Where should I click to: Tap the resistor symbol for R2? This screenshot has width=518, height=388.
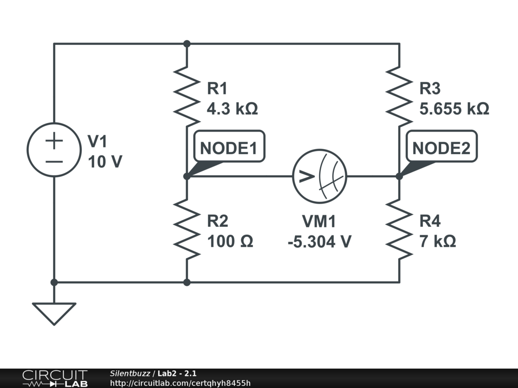tap(187, 230)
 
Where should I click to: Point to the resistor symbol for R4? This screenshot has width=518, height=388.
tap(399, 230)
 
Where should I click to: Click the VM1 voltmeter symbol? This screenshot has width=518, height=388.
tap(320, 176)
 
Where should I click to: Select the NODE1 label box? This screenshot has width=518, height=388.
tap(229, 149)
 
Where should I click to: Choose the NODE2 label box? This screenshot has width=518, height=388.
tap(441, 149)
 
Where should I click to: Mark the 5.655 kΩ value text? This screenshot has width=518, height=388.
tap(454, 109)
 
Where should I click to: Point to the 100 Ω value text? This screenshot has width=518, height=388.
tap(230, 241)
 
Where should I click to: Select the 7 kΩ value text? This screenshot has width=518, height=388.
tap(438, 241)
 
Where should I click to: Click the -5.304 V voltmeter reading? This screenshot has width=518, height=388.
tap(319, 242)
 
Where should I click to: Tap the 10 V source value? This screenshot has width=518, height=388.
tap(105, 162)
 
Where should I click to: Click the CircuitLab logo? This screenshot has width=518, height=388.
tap(55, 378)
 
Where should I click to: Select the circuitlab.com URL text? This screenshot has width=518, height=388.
tap(180, 383)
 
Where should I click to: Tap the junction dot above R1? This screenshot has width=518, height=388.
tap(187, 44)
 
